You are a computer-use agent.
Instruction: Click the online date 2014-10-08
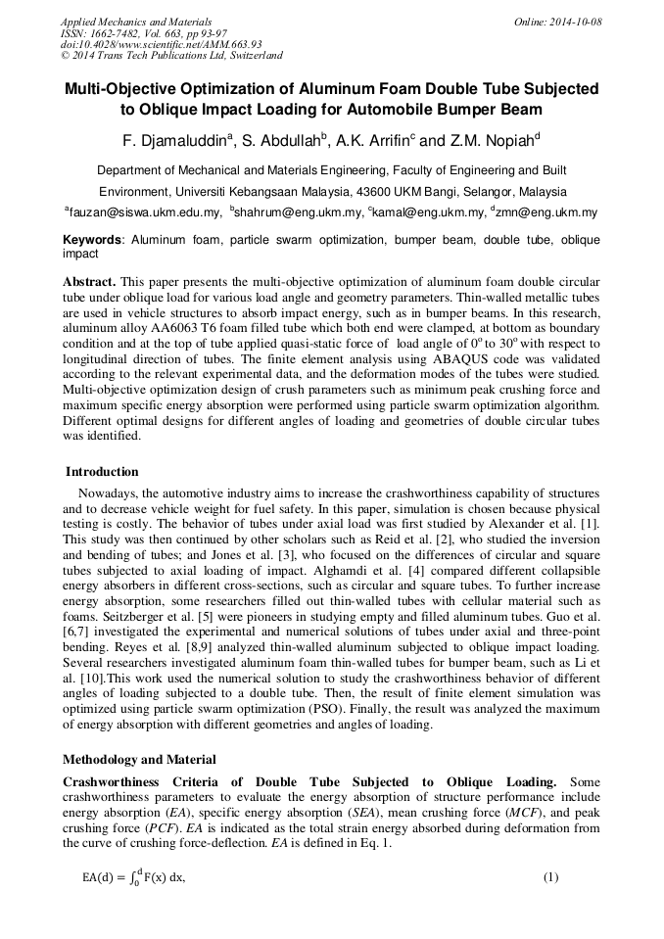[573, 21]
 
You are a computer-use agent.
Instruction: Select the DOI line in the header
[161, 44]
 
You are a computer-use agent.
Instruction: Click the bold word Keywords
[92, 240]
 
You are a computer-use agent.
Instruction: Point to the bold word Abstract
[89, 281]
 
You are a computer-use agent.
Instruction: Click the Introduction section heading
[102, 472]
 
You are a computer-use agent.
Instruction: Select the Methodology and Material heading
[139, 760]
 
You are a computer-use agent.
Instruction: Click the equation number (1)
[550, 877]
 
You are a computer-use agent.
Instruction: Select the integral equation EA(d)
[133, 877]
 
